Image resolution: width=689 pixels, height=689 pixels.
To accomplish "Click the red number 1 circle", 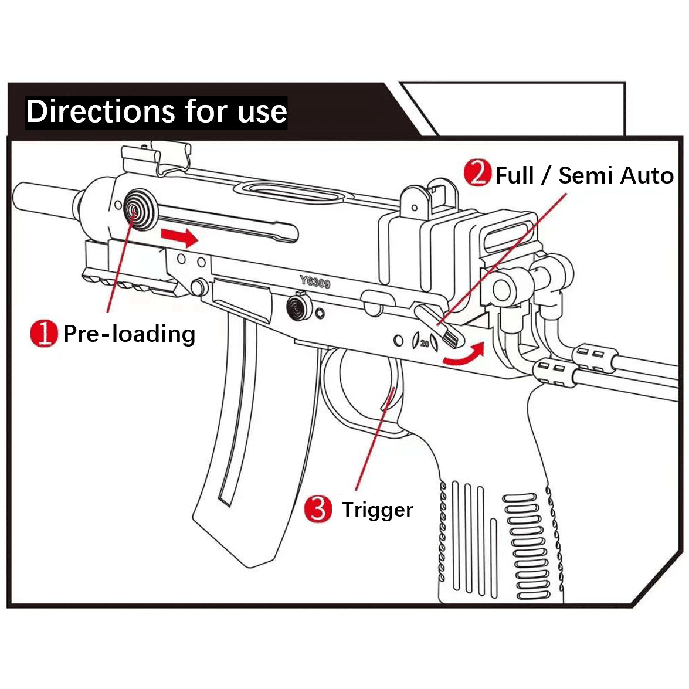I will tap(43, 333).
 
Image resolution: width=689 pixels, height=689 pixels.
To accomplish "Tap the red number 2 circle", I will tap(477, 174).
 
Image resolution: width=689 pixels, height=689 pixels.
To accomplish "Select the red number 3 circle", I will tap(318, 508).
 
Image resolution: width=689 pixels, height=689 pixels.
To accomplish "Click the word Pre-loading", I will tap(129, 334).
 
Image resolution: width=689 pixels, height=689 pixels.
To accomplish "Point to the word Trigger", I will tap(377, 509).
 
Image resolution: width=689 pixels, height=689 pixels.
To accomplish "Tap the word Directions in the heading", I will tap(101, 111).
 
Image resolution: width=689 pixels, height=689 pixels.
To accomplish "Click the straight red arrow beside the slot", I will tap(179, 236).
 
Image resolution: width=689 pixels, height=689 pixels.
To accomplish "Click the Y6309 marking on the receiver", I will tap(315, 282).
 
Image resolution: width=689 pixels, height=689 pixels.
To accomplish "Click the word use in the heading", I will tap(262, 111).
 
